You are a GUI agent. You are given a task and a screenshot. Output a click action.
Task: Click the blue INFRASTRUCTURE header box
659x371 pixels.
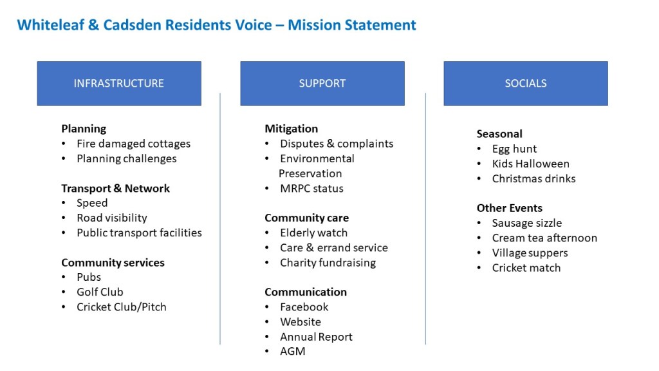pos(119,83)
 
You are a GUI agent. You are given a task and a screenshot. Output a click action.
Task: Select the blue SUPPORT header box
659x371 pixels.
pos(322,83)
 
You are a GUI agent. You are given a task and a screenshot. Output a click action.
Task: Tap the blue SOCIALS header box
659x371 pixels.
pos(526,83)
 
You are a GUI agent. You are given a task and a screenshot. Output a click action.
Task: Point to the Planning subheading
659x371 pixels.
pos(84,129)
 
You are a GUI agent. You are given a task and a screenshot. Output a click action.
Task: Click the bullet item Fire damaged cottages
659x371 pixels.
pos(133,144)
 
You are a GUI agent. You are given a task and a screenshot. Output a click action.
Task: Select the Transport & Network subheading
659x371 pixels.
pos(116,189)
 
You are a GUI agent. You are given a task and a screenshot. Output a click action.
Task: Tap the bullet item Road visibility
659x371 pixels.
pos(112,218)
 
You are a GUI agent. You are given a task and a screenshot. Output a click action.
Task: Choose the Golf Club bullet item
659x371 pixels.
pos(100,292)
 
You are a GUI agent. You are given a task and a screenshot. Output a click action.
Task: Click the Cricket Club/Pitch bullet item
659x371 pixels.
pos(122,307)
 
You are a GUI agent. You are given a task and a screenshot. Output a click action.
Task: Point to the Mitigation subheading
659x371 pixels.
pos(292,129)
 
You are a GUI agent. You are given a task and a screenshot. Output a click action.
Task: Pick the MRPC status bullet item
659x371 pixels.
pos(312,189)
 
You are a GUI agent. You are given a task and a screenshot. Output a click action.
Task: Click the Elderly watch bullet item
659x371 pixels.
pos(314,233)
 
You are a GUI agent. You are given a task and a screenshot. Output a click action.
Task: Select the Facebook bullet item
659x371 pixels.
pos(304,307)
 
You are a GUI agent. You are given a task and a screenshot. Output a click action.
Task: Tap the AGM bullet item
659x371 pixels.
pos(293,351)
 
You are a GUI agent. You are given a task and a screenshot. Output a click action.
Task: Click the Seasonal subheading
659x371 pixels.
pos(499,134)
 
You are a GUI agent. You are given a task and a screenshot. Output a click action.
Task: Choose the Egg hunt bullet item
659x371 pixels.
pos(514,149)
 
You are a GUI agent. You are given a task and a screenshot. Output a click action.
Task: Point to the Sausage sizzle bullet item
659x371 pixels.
pos(527,223)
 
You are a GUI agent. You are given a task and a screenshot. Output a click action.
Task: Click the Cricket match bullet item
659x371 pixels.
pos(526,268)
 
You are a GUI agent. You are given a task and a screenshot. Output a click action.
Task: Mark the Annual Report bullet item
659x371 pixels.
pos(316,337)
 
